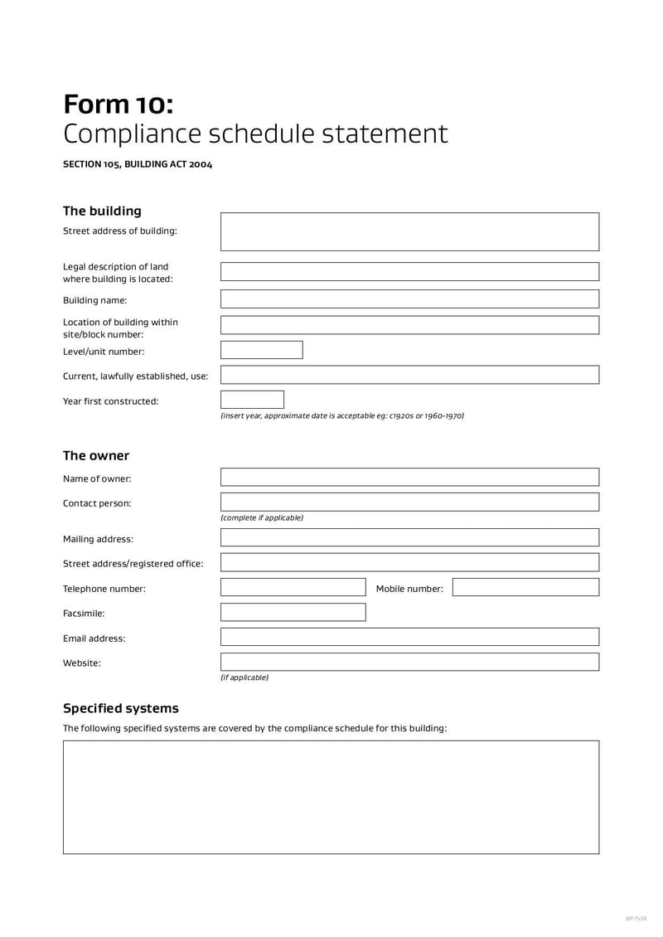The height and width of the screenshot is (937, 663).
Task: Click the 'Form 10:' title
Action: [x=119, y=104]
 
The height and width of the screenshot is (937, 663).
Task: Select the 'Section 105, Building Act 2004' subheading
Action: [x=138, y=164]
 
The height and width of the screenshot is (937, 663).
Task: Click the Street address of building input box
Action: [x=409, y=231]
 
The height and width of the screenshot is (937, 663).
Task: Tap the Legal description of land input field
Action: [x=409, y=272]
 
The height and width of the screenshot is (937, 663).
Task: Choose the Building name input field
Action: [x=409, y=299]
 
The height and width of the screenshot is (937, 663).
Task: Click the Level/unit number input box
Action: [x=261, y=350]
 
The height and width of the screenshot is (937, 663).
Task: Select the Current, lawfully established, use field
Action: [x=409, y=375]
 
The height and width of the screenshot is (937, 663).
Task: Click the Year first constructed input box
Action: [x=252, y=400]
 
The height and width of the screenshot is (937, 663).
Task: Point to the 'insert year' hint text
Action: [x=341, y=416]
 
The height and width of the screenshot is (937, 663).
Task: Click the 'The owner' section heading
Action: [x=96, y=455]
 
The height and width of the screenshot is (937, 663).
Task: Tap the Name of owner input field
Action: [x=409, y=477]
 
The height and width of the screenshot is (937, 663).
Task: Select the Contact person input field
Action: [x=409, y=502]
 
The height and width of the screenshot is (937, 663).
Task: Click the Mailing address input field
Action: [x=409, y=537]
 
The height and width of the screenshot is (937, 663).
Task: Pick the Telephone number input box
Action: [x=293, y=588]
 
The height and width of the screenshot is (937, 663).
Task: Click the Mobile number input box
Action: [x=525, y=588]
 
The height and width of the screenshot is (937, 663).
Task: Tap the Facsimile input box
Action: [x=293, y=613]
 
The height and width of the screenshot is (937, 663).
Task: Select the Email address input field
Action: [x=409, y=637]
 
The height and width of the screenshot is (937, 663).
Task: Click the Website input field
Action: [x=409, y=662]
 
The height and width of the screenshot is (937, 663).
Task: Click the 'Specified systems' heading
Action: [x=121, y=708]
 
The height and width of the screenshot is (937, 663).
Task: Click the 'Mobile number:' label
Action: [x=409, y=589]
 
